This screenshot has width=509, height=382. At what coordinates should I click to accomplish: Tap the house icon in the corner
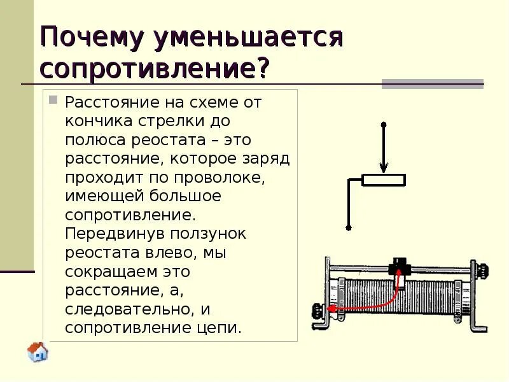coord(38,351)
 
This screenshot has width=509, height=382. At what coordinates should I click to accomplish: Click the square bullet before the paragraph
coord(53,100)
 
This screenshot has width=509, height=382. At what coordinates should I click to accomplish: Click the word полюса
coord(96,139)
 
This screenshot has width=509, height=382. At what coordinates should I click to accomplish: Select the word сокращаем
coord(109,271)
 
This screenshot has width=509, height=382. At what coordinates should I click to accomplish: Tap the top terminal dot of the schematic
coord(384,124)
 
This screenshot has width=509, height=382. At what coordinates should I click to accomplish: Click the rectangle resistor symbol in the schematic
coord(384,180)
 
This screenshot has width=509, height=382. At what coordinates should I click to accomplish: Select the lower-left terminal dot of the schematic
coord(349,227)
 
